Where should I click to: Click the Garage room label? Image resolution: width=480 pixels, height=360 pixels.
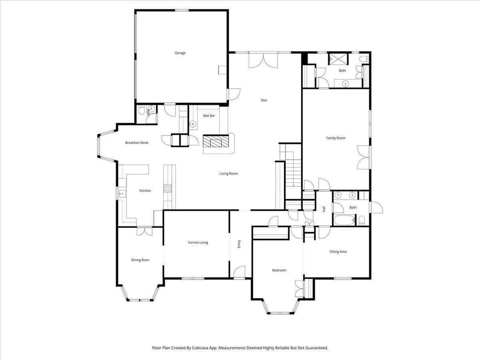click(180, 53)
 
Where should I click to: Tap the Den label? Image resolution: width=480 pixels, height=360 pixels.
click(264, 100)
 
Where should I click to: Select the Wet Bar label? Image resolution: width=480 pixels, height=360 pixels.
click(209, 115)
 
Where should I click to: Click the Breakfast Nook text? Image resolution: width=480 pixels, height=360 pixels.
click(137, 142)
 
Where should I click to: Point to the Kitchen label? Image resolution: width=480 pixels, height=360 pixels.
click(145, 191)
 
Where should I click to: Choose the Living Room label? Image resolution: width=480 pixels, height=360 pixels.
click(229, 173)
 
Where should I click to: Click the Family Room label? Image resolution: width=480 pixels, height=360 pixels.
click(336, 138)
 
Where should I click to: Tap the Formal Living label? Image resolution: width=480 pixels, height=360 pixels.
click(198, 242)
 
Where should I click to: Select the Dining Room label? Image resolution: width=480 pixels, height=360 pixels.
click(140, 260)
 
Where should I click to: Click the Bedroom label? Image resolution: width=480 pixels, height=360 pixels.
click(279, 270)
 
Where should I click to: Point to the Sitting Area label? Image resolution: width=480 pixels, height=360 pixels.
click(338, 252)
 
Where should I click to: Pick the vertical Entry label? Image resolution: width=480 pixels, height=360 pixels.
click(239, 244)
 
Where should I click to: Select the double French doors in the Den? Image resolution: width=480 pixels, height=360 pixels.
click(263, 61)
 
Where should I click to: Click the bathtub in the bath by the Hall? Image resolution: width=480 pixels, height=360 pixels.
click(345, 220)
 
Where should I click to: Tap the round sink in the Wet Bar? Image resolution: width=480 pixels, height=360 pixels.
click(193, 124)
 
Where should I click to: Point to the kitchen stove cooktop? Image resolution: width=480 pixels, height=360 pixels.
click(167, 188)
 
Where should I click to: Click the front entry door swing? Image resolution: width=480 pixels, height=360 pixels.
click(240, 272)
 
